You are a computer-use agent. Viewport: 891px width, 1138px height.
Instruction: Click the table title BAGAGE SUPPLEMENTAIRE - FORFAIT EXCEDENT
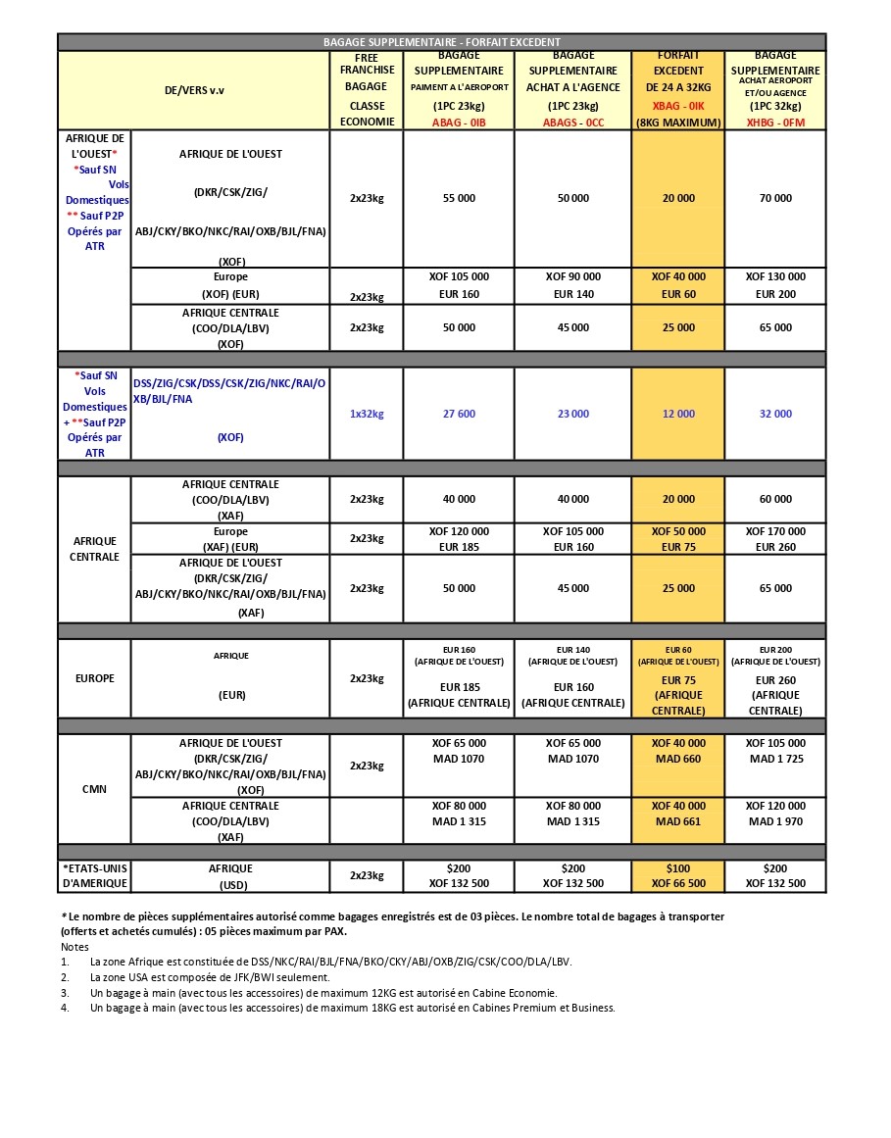[x=442, y=42]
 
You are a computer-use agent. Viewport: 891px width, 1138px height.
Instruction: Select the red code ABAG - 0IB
[x=459, y=123]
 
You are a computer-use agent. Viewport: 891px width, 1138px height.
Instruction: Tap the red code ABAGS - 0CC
[x=573, y=123]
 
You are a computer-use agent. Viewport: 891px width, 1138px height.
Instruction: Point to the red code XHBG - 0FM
[x=775, y=123]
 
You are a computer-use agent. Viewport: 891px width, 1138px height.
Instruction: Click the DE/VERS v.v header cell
[x=194, y=90]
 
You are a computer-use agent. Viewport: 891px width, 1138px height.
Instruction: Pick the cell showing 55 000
[x=459, y=198]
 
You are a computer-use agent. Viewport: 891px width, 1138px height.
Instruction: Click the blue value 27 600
[x=459, y=414]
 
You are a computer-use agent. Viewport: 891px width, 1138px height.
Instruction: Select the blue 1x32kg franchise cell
[x=367, y=414]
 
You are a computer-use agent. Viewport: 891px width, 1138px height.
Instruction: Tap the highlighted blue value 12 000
[x=678, y=414]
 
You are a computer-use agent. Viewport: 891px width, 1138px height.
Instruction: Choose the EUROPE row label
[x=94, y=678]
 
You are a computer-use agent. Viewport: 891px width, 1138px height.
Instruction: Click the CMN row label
[x=94, y=789]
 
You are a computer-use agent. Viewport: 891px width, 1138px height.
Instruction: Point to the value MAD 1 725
[x=775, y=760]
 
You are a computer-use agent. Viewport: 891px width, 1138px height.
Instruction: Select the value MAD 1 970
[x=775, y=821]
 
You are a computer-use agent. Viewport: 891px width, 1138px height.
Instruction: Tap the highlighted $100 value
[x=678, y=868]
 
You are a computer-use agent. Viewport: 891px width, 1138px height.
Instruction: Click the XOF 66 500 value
[x=678, y=883]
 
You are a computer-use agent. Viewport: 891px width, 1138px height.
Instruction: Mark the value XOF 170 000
[x=775, y=531]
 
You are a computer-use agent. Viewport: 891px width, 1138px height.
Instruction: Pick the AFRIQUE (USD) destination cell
[x=230, y=875]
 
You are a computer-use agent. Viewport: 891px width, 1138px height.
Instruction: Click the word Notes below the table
[x=74, y=947]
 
